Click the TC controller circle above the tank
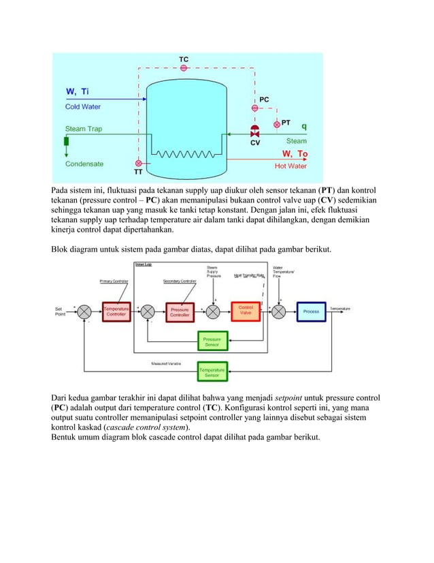184,68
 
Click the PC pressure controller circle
255,108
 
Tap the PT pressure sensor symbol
276,125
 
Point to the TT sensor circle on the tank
138,164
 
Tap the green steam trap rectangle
67,142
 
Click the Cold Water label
82,106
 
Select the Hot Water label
290,166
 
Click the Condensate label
84,164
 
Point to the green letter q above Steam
303,126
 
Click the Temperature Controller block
116,311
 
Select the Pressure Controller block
180,311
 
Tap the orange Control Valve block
245,311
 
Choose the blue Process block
311,311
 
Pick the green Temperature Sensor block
212,371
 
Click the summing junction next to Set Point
84,311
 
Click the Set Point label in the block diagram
61,311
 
